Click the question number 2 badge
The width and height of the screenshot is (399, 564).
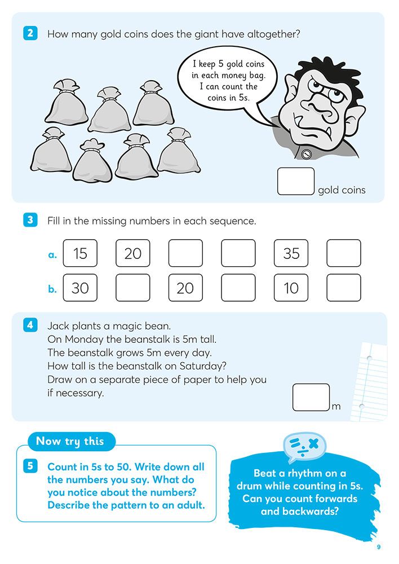pos(30,34)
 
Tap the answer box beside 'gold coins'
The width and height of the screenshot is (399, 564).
pos(296,181)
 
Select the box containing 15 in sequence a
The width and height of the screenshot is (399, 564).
pos(80,253)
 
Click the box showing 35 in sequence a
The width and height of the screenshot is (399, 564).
pos(291,253)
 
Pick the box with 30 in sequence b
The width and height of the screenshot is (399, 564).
pos(80,288)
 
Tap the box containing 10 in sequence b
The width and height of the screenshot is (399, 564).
pos(291,288)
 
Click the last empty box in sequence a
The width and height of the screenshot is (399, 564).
pos(344,253)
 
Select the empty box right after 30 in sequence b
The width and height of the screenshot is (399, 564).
pos(133,288)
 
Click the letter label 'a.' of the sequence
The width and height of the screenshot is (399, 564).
pos(52,254)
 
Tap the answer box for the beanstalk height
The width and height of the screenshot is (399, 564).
pos(311,397)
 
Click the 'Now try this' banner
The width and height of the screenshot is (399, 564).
pos(70,441)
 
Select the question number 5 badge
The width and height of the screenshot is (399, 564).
pos(30,466)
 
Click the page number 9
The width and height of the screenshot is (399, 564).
pos(379,547)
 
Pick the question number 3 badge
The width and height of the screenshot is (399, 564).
pos(30,220)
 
